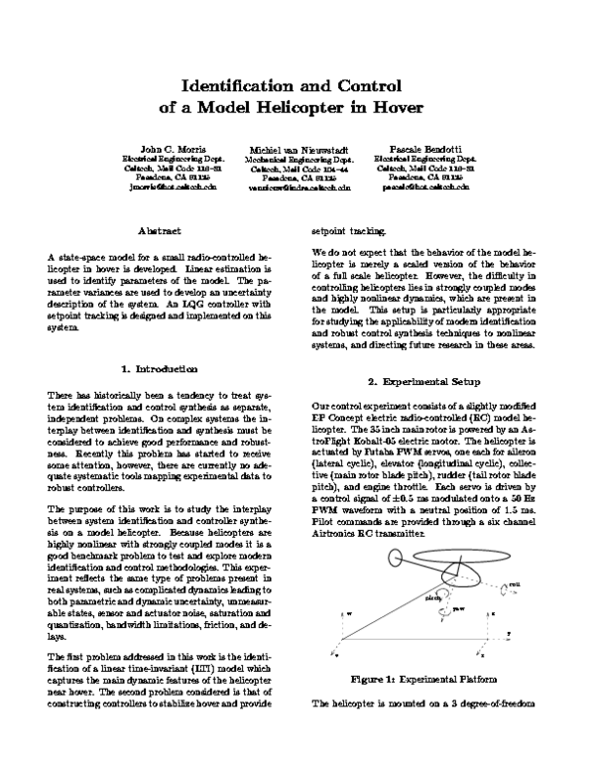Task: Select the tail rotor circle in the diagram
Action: pos(395,558)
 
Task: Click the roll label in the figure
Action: pos(515,585)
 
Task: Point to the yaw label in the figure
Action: pos(458,609)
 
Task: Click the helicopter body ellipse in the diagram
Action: pos(460,577)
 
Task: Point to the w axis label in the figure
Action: pos(349,614)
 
